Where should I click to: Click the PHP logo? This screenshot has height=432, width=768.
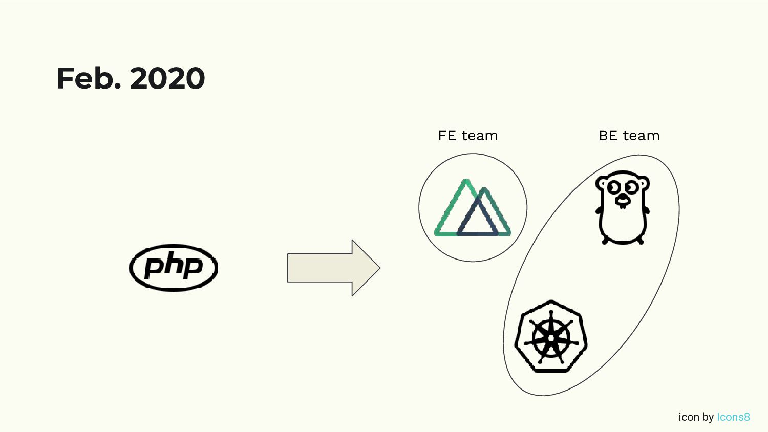pyautogui.click(x=174, y=268)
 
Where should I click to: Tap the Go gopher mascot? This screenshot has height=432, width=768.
pyautogui.click(x=623, y=207)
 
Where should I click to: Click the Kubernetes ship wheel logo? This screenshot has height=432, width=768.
pyautogui.click(x=551, y=336)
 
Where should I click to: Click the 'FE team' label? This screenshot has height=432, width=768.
pyautogui.click(x=467, y=136)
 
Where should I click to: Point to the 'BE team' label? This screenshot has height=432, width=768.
pyautogui.click(x=629, y=136)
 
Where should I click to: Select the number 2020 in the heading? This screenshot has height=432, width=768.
pyautogui.click(x=167, y=78)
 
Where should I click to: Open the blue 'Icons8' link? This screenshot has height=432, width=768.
pyautogui.click(x=733, y=417)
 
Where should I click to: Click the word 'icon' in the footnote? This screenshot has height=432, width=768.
pyautogui.click(x=689, y=417)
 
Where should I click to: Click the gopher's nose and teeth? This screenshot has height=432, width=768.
pyautogui.click(x=623, y=201)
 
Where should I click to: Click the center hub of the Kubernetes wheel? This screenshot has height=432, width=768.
pyautogui.click(x=551, y=338)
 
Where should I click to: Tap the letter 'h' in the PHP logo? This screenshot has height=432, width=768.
pyautogui.click(x=174, y=265)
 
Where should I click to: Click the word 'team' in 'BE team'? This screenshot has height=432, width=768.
pyautogui.click(x=641, y=136)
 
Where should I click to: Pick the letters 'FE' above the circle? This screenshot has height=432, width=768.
pyautogui.click(x=446, y=136)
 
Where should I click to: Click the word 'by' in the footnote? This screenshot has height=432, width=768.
pyautogui.click(x=708, y=417)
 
